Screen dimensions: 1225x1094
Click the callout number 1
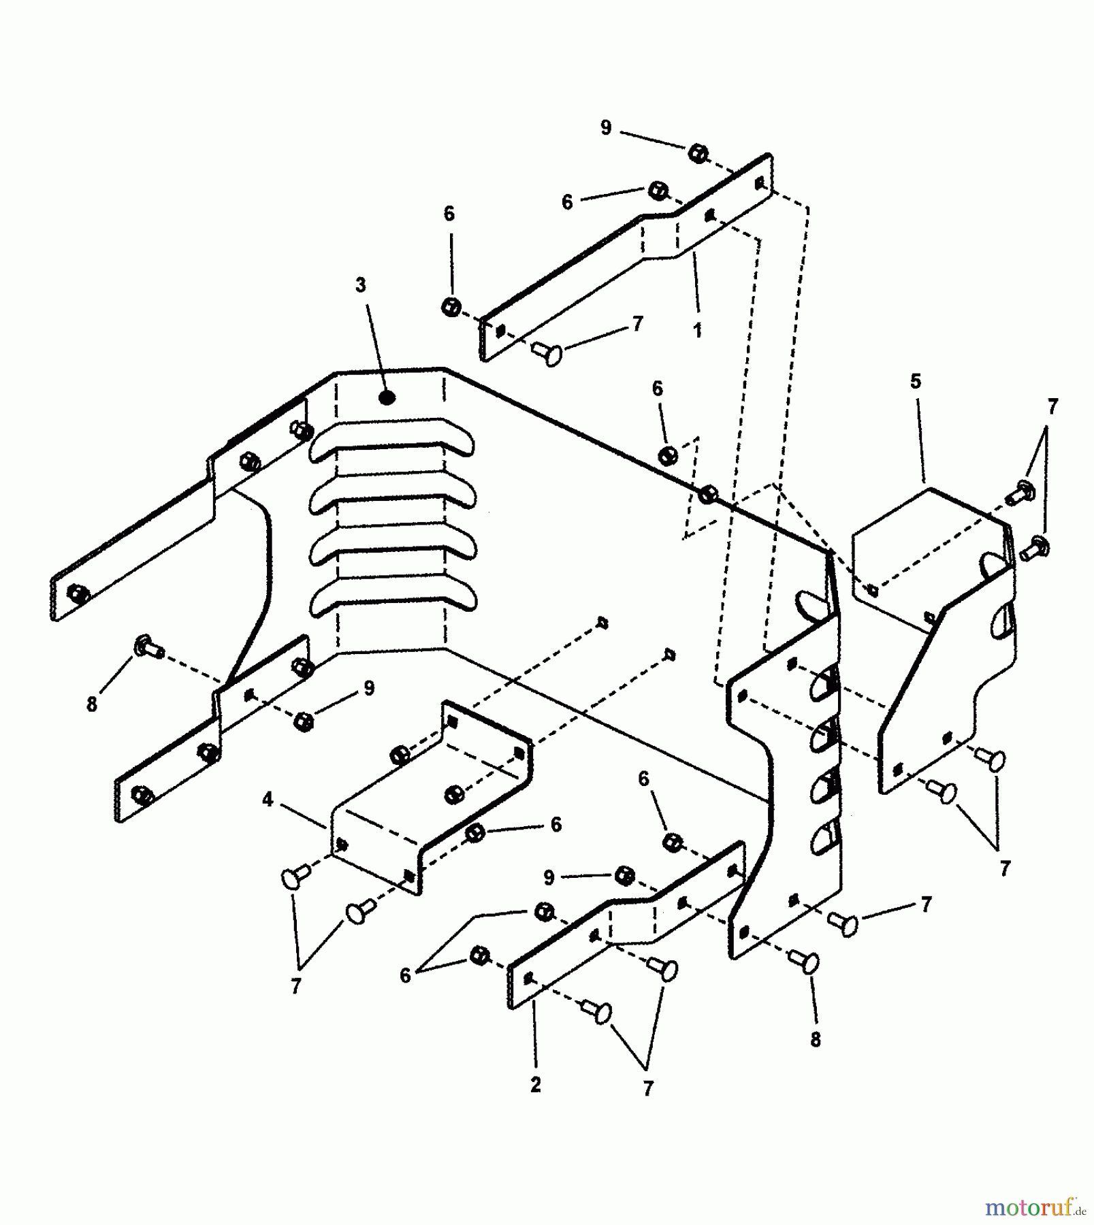click(697, 331)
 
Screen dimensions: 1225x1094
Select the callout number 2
click(536, 1085)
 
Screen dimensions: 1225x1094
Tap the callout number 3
click(360, 285)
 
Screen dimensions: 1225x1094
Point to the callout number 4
click(268, 800)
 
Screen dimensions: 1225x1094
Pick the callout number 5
click(916, 382)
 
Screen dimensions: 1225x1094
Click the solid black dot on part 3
click(387, 398)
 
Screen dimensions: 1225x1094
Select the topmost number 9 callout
click(606, 128)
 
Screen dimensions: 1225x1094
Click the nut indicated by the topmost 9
click(696, 154)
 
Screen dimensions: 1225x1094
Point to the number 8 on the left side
click(92, 704)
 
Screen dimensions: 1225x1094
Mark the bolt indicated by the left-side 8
click(147, 646)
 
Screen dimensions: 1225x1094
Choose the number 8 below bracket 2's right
click(816, 1039)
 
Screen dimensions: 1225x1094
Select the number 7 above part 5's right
click(1052, 407)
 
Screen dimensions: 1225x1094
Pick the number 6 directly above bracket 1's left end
click(449, 214)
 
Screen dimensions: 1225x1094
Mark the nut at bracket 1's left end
click(450, 307)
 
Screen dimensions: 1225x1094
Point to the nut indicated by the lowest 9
click(624, 875)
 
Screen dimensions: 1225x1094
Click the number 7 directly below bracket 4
click(295, 986)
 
